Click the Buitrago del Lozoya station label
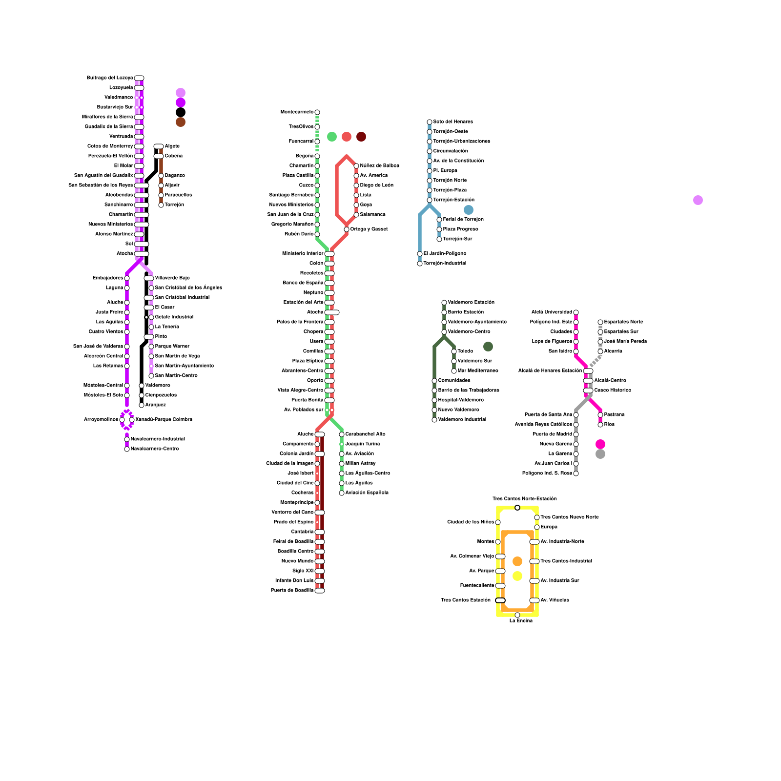click(x=110, y=78)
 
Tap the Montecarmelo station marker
click(x=317, y=112)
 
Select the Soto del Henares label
click(x=453, y=122)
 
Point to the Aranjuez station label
click(x=156, y=405)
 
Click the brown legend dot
click(x=181, y=122)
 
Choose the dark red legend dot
click(x=361, y=137)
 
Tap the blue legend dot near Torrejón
click(x=469, y=210)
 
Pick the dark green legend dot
click(x=488, y=347)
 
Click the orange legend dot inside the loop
click(x=517, y=561)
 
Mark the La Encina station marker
click(x=517, y=615)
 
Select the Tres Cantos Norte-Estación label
click(x=524, y=499)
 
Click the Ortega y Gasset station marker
click(x=347, y=229)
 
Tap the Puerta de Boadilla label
click(x=292, y=591)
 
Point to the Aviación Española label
click(x=367, y=493)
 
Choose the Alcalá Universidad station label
click(x=552, y=312)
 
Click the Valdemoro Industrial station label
click(x=462, y=420)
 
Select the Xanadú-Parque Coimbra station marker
click(x=132, y=420)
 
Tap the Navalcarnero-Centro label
click(x=155, y=449)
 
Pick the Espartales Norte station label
click(x=623, y=322)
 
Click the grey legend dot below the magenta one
click(x=600, y=454)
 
